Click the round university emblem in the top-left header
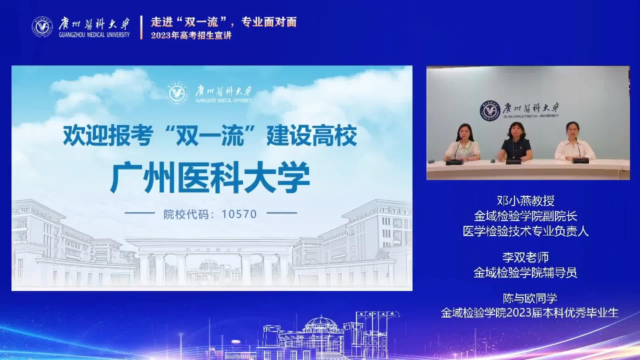(42, 27)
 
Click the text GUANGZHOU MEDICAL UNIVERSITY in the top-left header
(94, 35)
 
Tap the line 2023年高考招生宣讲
(191, 35)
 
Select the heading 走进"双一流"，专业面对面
(224, 22)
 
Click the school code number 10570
(239, 214)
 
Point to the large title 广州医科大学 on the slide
(210, 177)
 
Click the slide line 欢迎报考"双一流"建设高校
(210, 136)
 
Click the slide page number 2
(387, 275)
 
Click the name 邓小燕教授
(526, 201)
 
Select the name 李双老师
(526, 257)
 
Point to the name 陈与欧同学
(530, 298)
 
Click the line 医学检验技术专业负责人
(526, 231)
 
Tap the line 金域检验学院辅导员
(525, 273)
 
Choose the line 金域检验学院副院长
(526, 216)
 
